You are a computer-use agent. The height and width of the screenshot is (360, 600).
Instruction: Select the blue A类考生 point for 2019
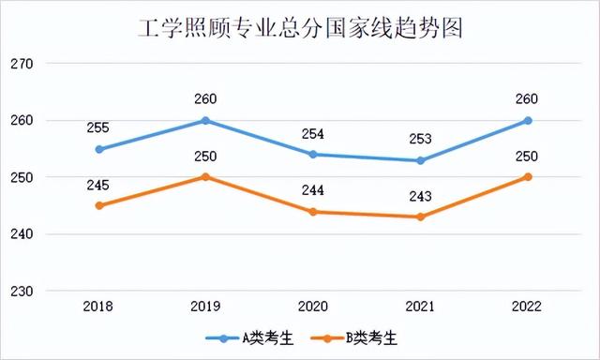tap(206, 120)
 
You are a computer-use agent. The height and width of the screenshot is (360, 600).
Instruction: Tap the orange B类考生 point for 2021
tap(420, 217)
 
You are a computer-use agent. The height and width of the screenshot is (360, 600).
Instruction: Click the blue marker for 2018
tap(99, 149)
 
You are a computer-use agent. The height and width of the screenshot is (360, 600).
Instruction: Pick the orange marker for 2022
tap(528, 176)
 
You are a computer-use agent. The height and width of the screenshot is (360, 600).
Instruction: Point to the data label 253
tap(420, 140)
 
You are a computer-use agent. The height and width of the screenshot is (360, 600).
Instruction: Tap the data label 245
tap(99, 186)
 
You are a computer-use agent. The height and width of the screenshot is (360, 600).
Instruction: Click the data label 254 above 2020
tap(313, 133)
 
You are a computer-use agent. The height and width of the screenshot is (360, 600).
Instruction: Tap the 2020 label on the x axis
tap(313, 306)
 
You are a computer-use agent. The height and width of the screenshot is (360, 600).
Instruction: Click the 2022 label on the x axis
tap(528, 306)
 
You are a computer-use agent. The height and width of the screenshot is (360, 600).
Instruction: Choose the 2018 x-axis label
tap(99, 306)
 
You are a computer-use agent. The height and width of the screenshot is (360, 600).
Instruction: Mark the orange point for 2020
tap(313, 211)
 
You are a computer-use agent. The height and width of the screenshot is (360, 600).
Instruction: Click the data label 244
tap(313, 190)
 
